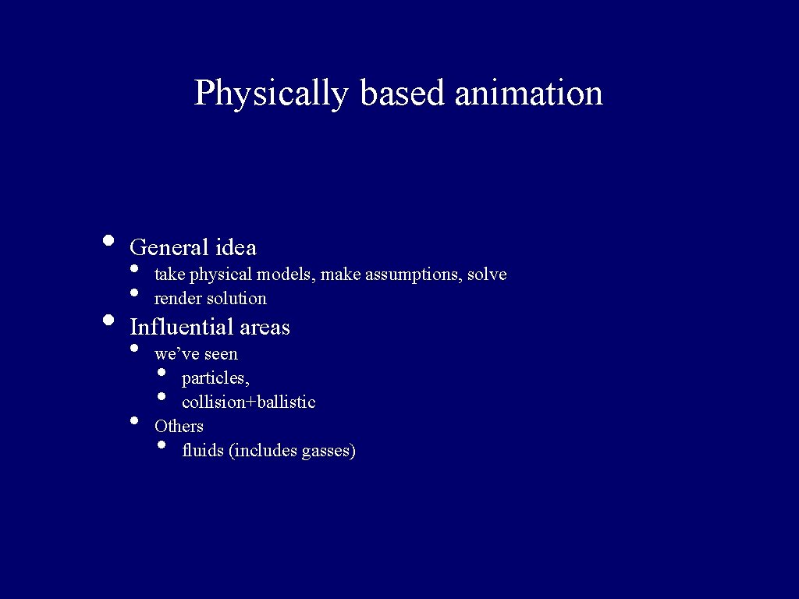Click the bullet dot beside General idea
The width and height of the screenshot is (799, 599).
click(108, 239)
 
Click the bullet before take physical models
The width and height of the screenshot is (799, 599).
click(135, 269)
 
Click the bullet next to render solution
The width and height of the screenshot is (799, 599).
click(135, 293)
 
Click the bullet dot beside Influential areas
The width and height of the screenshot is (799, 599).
click(108, 319)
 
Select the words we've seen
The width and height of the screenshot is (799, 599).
click(196, 354)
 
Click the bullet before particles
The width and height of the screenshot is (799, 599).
click(162, 372)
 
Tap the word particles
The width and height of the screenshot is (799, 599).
click(215, 379)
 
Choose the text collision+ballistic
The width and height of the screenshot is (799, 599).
click(248, 402)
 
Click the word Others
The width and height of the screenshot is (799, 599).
click(179, 426)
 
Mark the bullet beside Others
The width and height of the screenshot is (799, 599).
click(135, 420)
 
